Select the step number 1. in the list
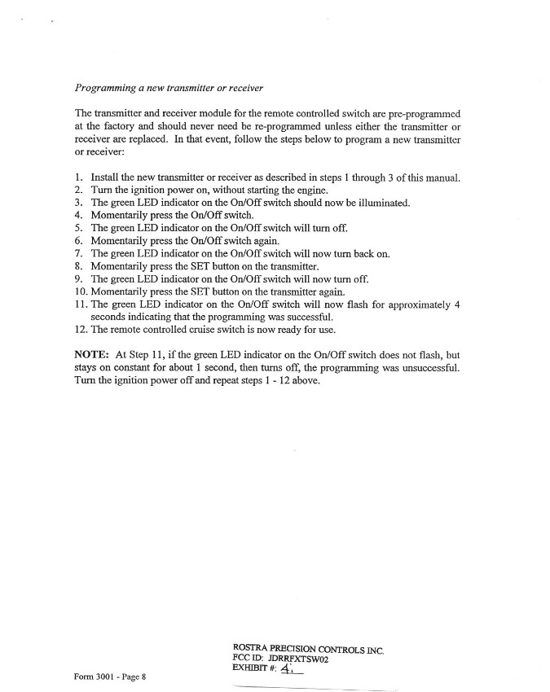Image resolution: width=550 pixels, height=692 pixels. tap(78, 177)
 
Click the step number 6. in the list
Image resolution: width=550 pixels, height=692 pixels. tap(78, 240)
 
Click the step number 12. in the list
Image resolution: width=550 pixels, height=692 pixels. tap(81, 329)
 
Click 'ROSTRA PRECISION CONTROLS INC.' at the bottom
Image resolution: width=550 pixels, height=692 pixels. tap(308, 649)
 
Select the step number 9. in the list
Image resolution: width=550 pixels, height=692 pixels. tap(78, 278)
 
